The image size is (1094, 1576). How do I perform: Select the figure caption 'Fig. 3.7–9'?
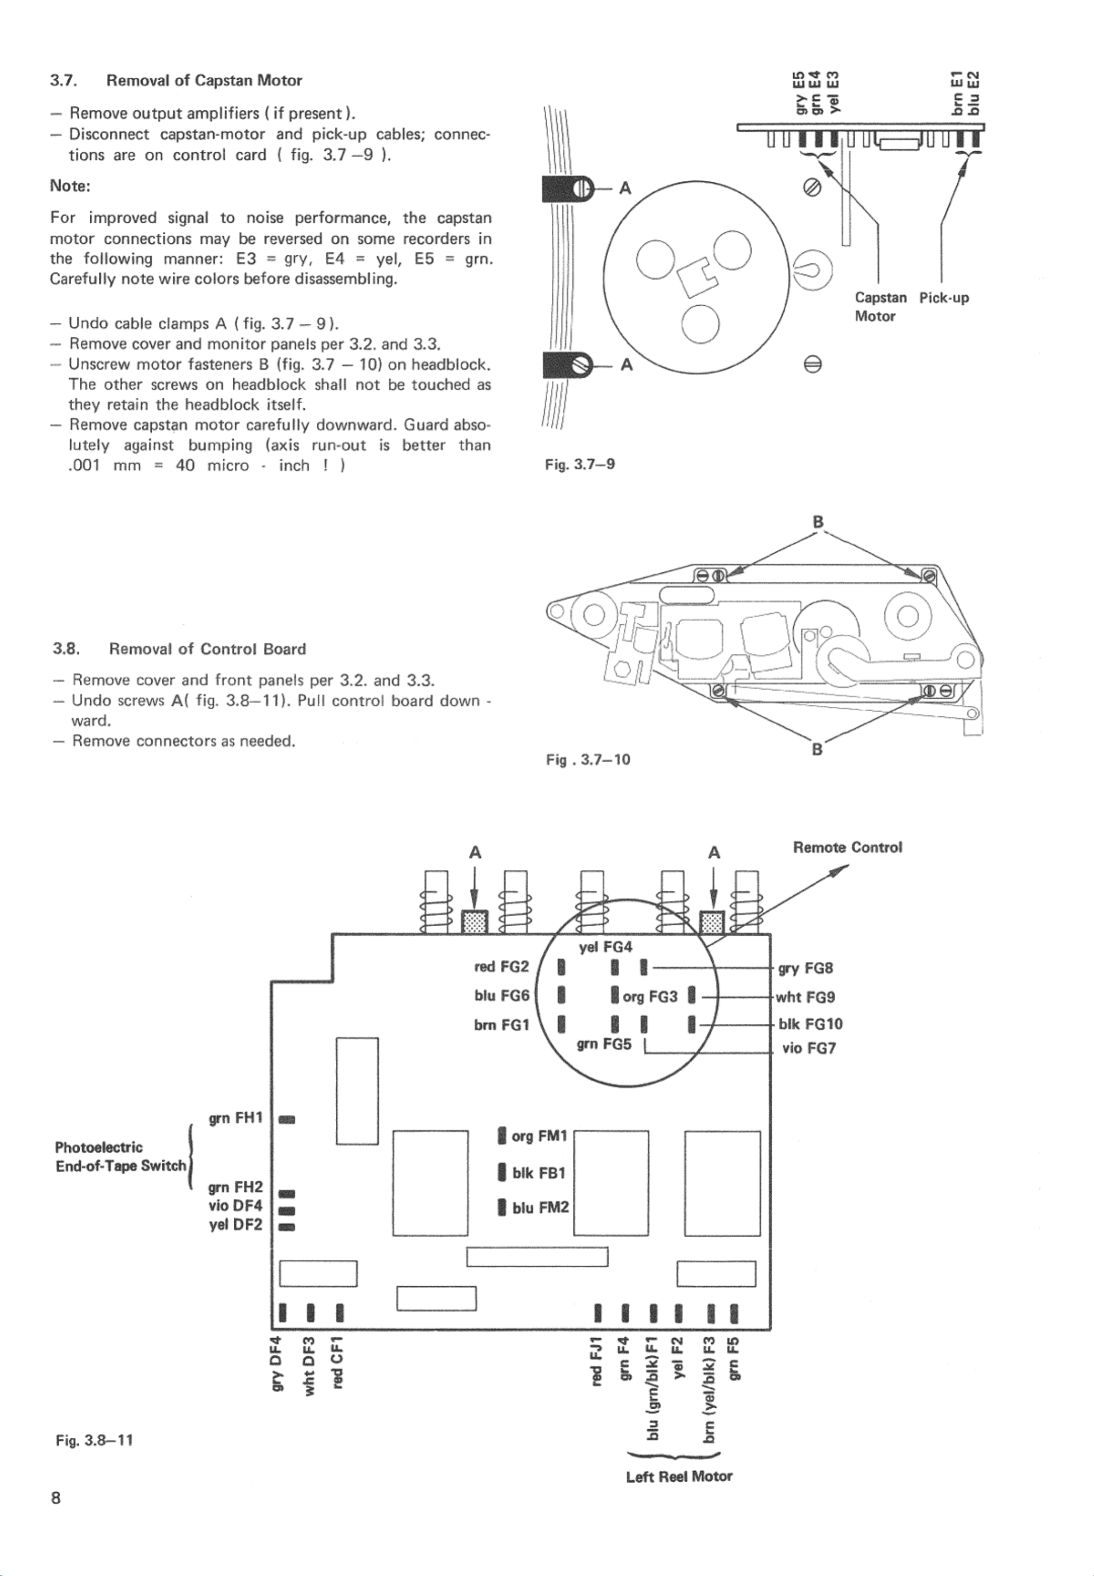click(x=580, y=465)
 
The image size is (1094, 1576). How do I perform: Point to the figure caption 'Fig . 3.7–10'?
click(x=587, y=760)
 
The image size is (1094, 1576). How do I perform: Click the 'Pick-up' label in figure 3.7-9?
click(x=944, y=298)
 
